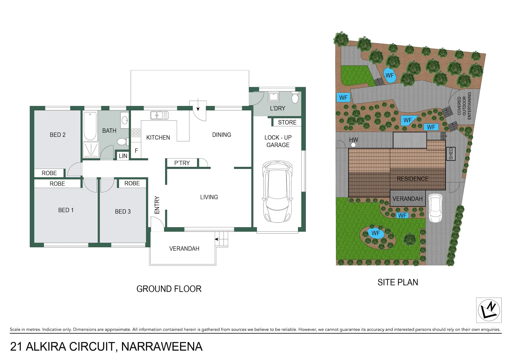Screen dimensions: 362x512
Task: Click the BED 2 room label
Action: (58, 135)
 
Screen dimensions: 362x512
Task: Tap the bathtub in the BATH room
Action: (90, 126)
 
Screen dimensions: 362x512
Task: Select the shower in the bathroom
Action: (91, 149)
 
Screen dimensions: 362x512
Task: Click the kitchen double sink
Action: (159, 116)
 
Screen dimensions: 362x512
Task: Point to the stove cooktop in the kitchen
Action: (136, 133)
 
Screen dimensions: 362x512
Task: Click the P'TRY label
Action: (182, 163)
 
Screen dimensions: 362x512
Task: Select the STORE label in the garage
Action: (287, 122)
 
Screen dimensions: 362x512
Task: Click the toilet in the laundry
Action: (295, 98)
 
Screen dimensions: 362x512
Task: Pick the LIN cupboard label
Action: (123, 156)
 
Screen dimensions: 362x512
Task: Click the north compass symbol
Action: (489, 310)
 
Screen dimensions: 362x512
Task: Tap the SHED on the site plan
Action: (451, 154)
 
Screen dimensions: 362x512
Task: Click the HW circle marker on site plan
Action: (353, 145)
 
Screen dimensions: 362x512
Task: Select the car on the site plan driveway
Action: (435, 208)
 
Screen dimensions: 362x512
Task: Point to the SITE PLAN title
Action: (398, 282)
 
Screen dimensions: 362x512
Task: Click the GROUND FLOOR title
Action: (169, 289)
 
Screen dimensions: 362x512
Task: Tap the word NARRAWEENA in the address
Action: (162, 347)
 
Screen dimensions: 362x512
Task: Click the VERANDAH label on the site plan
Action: (407, 199)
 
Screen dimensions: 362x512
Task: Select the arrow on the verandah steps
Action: (217, 239)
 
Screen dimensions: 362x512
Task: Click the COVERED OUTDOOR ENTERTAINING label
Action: (464, 106)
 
